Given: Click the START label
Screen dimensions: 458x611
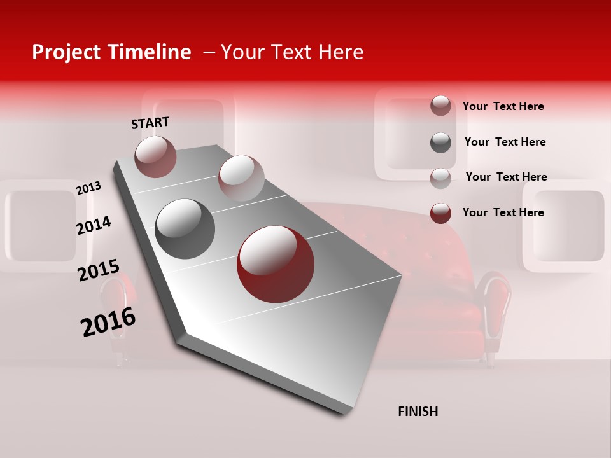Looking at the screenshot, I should coord(150,123).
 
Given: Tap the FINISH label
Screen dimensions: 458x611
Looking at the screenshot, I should coord(418,412).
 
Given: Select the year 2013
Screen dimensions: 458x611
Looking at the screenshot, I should coord(88,188).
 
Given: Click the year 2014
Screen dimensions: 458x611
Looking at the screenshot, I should coord(94,226).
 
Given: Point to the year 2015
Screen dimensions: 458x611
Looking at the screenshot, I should coord(98,270).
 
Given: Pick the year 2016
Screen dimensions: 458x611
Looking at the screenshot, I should coord(108,322).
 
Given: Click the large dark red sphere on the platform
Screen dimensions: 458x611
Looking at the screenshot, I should coord(276,264).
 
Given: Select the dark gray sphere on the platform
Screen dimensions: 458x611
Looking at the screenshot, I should coord(185,229).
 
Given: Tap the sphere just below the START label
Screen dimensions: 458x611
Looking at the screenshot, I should coord(155,157).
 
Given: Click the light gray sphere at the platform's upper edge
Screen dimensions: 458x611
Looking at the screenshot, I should coord(241,178).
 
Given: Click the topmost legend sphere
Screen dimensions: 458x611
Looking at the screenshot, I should coord(440,106).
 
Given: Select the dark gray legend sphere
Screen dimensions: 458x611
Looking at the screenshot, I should coord(440,142).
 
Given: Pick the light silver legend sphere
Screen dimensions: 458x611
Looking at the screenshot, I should coord(440,177).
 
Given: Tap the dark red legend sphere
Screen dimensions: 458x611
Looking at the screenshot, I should coord(440,213).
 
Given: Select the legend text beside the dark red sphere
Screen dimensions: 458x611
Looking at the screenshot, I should coord(503,212).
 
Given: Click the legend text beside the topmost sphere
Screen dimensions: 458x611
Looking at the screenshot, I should coord(503,106).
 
